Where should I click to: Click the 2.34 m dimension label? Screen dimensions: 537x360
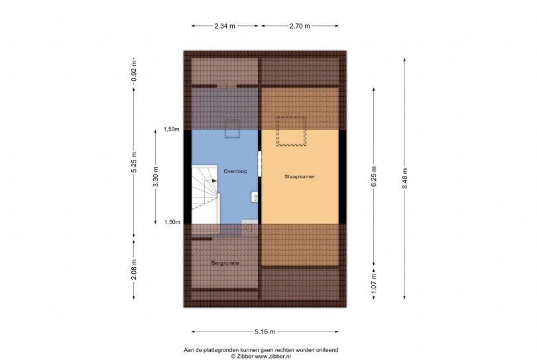[x=225, y=26]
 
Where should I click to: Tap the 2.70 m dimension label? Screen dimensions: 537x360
[x=300, y=26]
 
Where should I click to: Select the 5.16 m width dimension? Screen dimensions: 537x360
[x=265, y=331]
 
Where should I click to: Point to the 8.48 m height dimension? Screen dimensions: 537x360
[x=404, y=178]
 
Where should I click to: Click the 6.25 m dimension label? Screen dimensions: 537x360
[x=374, y=176]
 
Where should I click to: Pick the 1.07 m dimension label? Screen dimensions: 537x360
[x=374, y=283]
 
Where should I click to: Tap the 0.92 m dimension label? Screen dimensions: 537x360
[x=134, y=72]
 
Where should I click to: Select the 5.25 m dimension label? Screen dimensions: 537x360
[x=134, y=162]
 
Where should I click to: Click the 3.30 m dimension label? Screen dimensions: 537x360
[x=156, y=176]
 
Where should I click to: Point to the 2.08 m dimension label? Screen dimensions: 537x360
[x=134, y=270]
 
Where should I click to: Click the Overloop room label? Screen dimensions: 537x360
[x=235, y=171]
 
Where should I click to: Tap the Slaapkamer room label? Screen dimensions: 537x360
[x=300, y=177]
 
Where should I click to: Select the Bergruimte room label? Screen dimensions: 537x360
[x=225, y=263]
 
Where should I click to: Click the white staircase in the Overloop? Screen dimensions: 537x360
[x=205, y=194]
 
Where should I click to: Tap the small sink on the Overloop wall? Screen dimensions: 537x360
[x=254, y=197]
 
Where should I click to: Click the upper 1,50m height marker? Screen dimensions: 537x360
[x=171, y=129]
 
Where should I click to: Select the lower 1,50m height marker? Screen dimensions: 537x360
[x=172, y=222]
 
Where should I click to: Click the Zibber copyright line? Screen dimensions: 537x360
[x=261, y=356]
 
